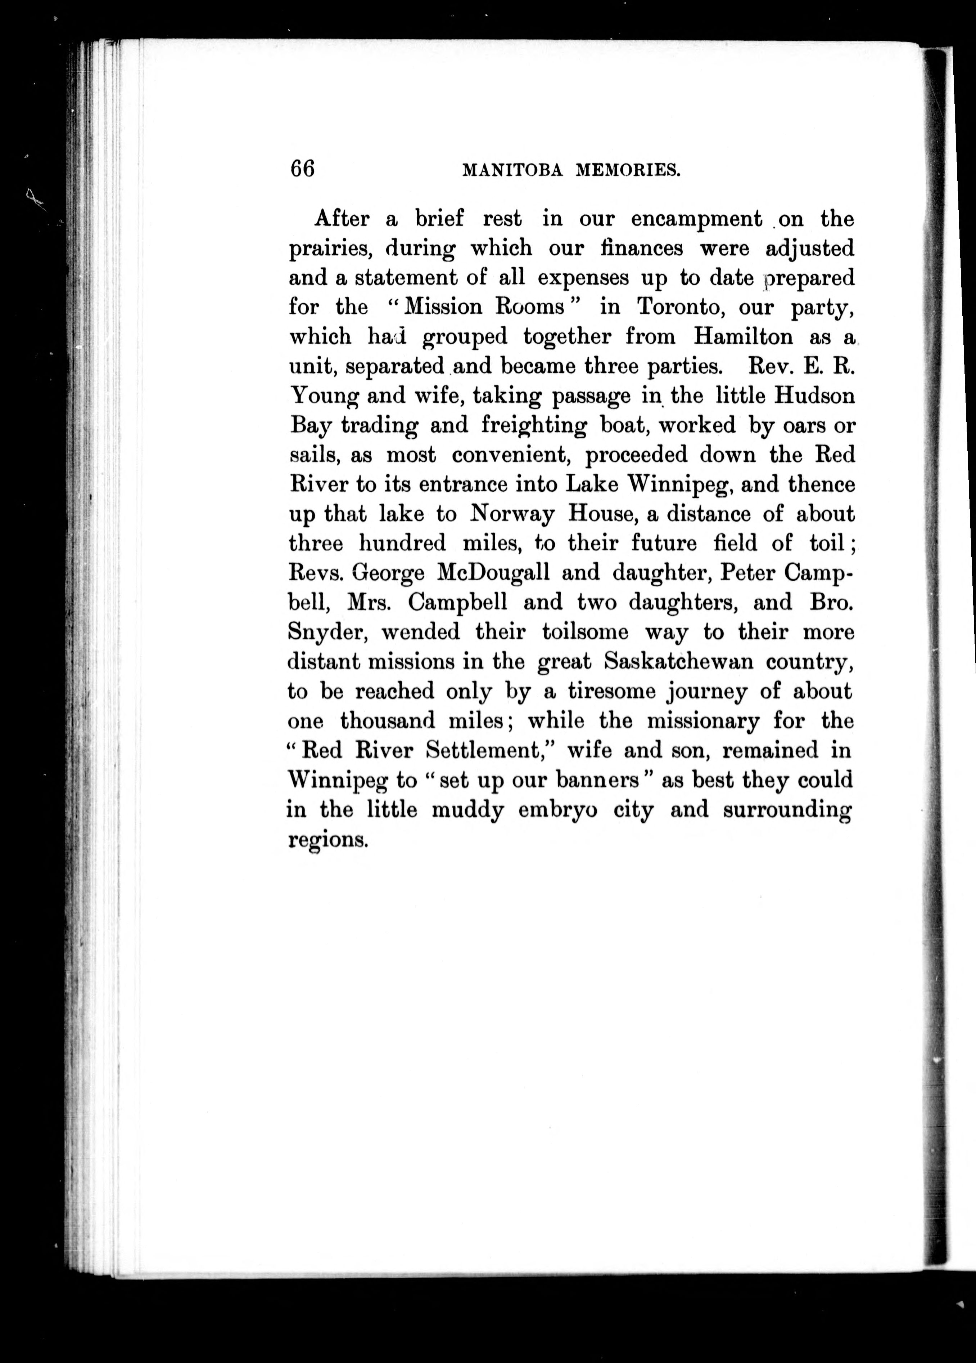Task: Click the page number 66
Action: (x=302, y=169)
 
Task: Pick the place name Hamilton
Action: (x=743, y=336)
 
